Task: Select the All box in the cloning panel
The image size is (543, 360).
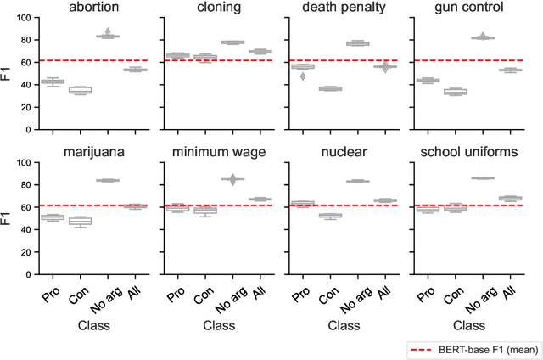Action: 260,52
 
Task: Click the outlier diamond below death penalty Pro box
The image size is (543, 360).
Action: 303,76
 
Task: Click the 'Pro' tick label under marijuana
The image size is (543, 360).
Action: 51,297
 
